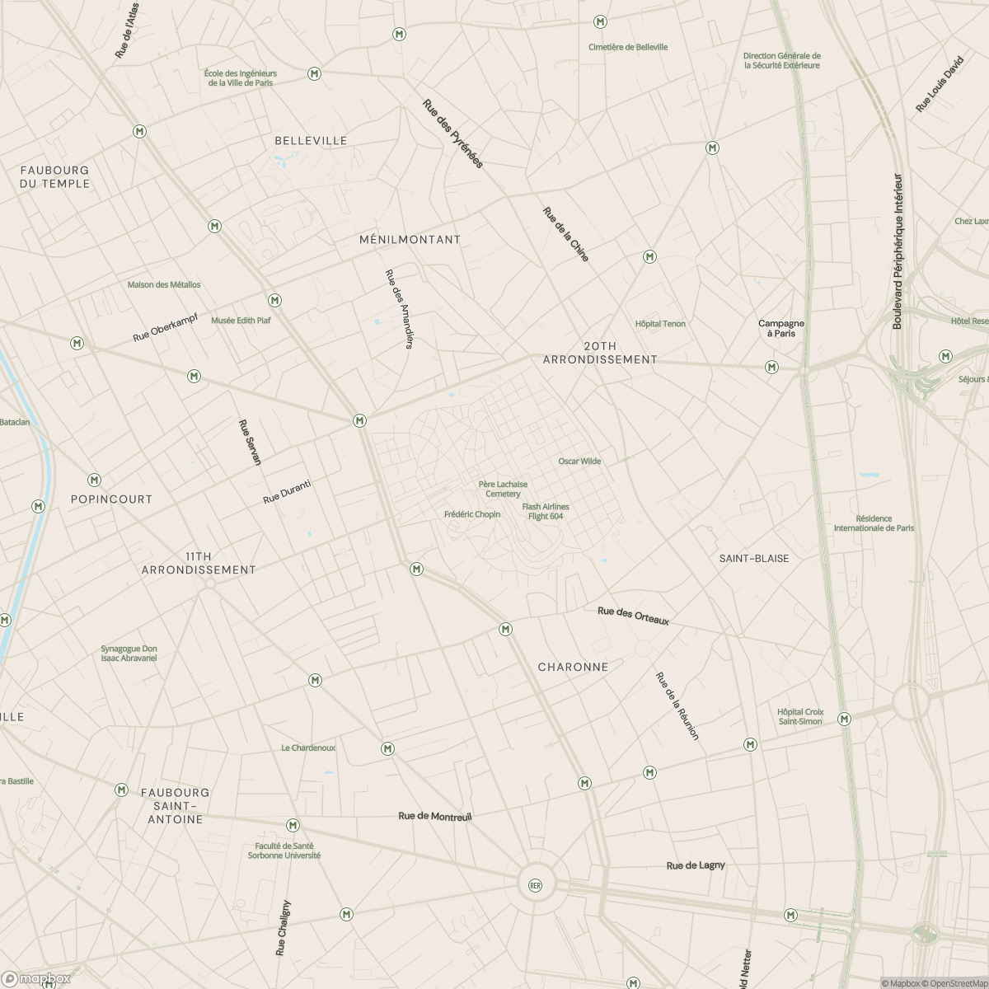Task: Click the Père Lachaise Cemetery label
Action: coord(503,490)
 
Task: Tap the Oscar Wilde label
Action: coord(579,462)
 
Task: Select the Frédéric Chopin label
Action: coord(471,514)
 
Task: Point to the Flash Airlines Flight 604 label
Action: coord(546,512)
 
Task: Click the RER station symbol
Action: coord(536,886)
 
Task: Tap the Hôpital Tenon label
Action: coord(660,324)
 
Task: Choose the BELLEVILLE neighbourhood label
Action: coord(311,141)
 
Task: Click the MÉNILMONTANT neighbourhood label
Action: coord(410,240)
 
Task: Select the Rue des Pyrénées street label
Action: coord(452,134)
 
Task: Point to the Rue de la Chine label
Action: coord(566,235)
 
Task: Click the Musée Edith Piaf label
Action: coord(241,321)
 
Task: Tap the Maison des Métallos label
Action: coord(164,285)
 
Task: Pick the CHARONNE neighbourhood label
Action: coord(573,667)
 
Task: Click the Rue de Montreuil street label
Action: coord(434,816)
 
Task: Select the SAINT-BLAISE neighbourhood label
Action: coord(753,559)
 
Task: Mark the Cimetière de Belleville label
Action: coord(628,48)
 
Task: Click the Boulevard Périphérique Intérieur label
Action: coord(898,251)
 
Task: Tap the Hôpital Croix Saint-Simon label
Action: coord(799,716)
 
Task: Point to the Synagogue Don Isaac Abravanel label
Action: coord(129,654)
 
